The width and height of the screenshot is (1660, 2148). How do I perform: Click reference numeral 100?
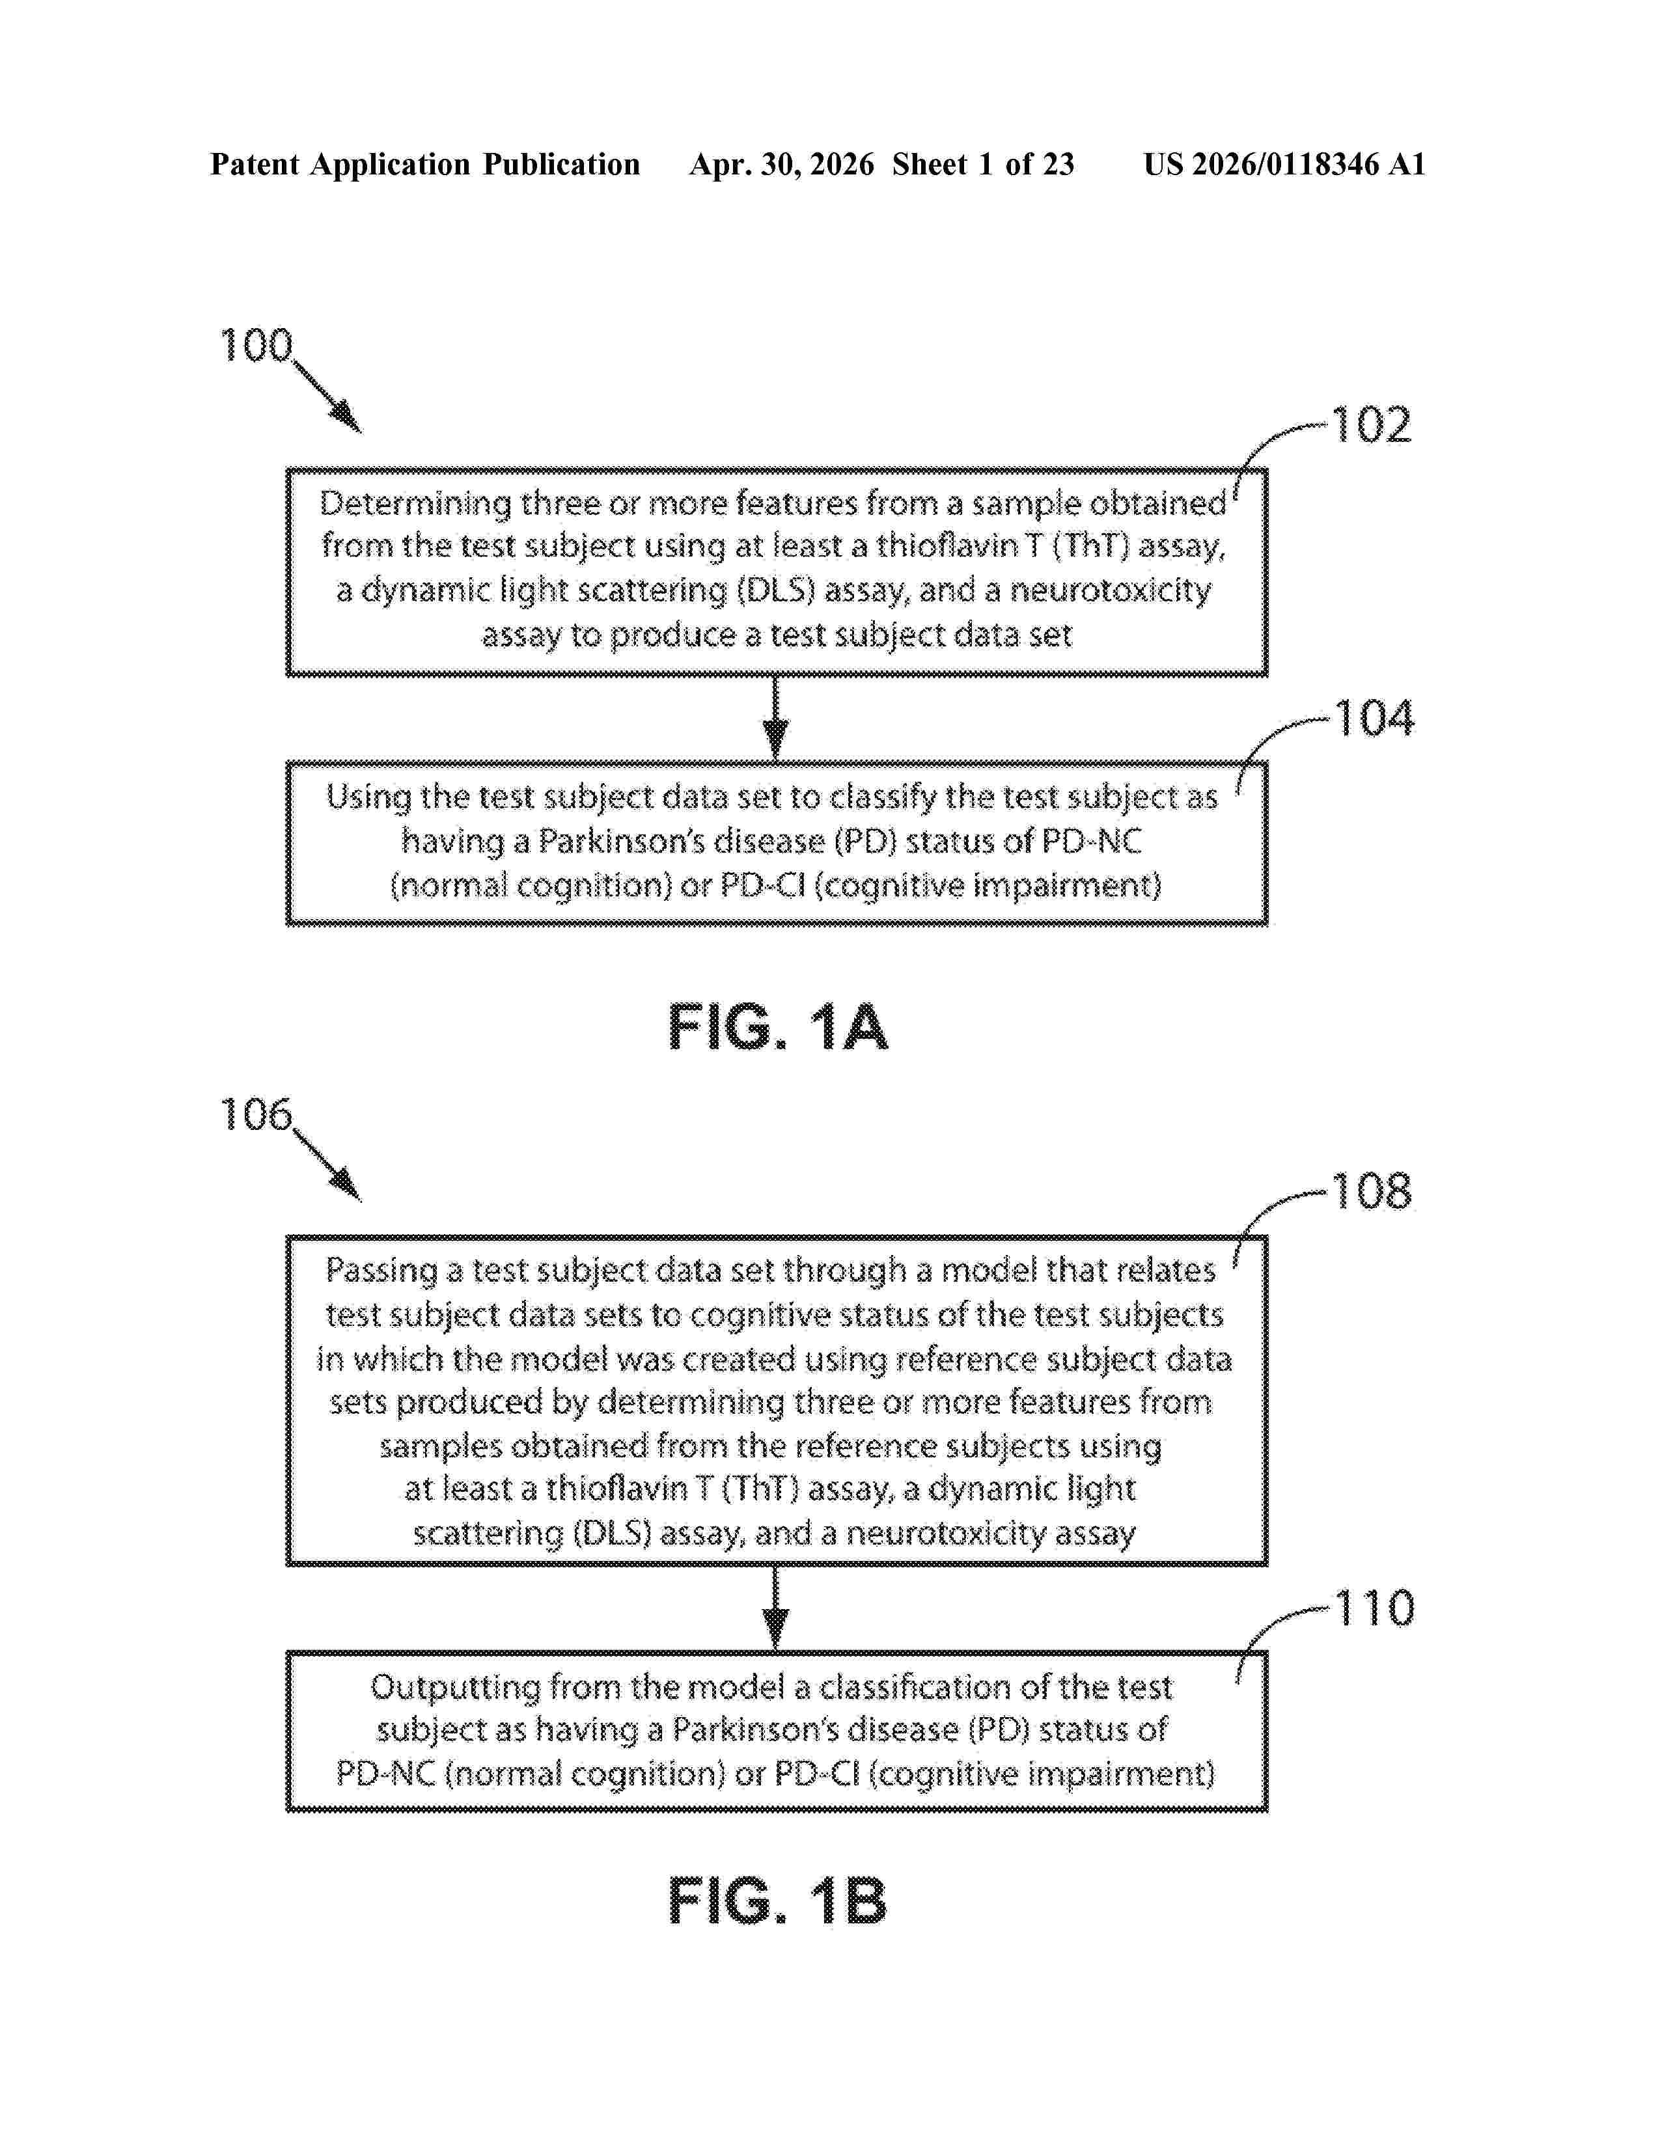pyautogui.click(x=256, y=345)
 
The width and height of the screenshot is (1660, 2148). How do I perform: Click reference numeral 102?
pyautogui.click(x=1371, y=425)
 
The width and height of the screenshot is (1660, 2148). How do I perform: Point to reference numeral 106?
pyautogui.click(x=256, y=1114)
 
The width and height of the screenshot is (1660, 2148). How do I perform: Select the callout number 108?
pyautogui.click(x=1371, y=1191)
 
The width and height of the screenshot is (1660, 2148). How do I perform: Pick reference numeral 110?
pyautogui.click(x=1374, y=1608)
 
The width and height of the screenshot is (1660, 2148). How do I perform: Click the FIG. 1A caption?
pyautogui.click(x=778, y=1028)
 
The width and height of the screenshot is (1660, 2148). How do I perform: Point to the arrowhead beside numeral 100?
pyautogui.click(x=346, y=417)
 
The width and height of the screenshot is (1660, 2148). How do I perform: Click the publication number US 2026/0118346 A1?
pyautogui.click(x=1284, y=164)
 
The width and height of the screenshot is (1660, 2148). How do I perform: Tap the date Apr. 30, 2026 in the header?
pyautogui.click(x=782, y=164)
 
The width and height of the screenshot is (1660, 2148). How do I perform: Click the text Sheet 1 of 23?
pyautogui.click(x=984, y=164)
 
